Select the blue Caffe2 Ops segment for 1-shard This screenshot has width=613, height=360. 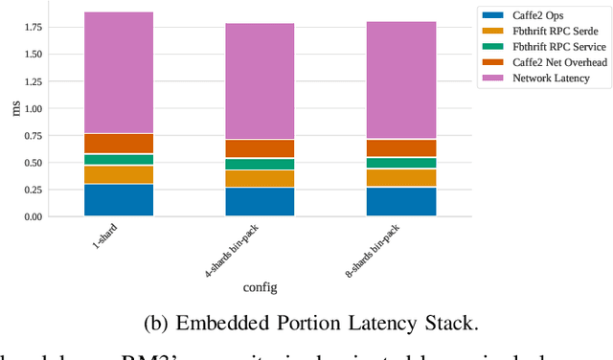[118, 199]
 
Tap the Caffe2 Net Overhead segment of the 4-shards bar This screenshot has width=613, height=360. [260, 148]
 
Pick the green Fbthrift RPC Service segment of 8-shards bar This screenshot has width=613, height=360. [400, 163]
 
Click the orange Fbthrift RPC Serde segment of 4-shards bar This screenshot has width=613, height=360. [260, 178]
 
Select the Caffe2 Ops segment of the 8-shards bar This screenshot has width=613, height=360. [400, 201]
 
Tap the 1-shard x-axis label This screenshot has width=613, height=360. [105, 236]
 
